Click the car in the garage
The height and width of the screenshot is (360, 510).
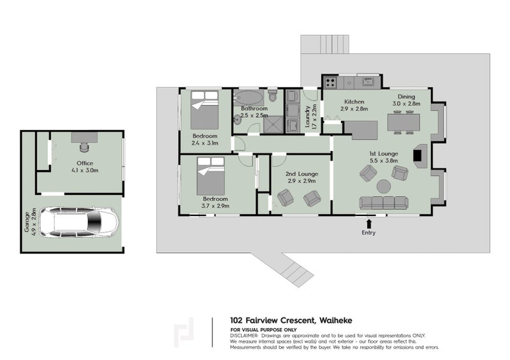[78, 222]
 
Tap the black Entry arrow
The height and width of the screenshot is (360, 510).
[368, 224]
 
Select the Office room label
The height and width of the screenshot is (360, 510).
[85, 163]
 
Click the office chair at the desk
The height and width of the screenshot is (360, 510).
[84, 147]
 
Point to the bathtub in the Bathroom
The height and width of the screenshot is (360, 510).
[249, 97]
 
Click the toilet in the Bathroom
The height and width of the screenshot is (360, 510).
[273, 96]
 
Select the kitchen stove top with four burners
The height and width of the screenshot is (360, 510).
[330, 82]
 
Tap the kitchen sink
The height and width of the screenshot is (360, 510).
[368, 82]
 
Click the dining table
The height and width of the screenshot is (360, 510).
[404, 122]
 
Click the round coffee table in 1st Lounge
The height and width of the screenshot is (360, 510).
[384, 186]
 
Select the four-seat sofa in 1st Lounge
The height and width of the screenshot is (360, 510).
[384, 203]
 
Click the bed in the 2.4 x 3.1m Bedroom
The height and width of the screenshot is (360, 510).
[205, 110]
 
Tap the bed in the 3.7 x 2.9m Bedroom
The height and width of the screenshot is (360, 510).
[211, 176]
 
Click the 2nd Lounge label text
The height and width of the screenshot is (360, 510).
[302, 174]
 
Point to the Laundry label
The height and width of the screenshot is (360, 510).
[307, 117]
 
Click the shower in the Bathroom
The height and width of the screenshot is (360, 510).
[273, 124]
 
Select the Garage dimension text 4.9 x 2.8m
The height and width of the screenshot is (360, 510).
[34, 221]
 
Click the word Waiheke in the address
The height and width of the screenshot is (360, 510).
[336, 320]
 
